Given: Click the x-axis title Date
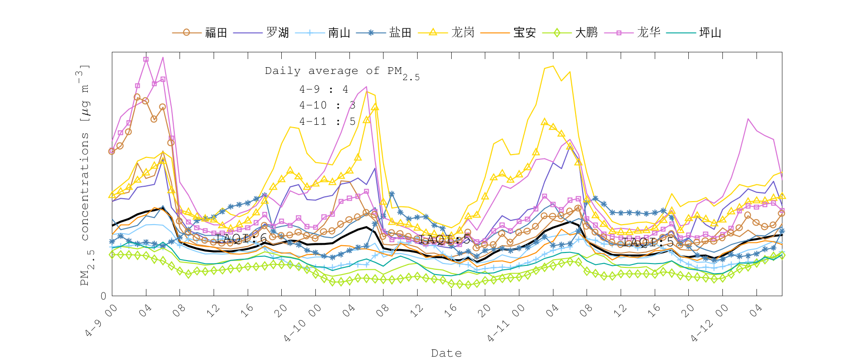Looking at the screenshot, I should (446, 353).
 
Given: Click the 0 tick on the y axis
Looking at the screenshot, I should (103, 296).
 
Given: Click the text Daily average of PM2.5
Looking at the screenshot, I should (342, 72).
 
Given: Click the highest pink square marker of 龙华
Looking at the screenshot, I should (146, 60).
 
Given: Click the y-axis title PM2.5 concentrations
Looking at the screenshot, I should (85, 175).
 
